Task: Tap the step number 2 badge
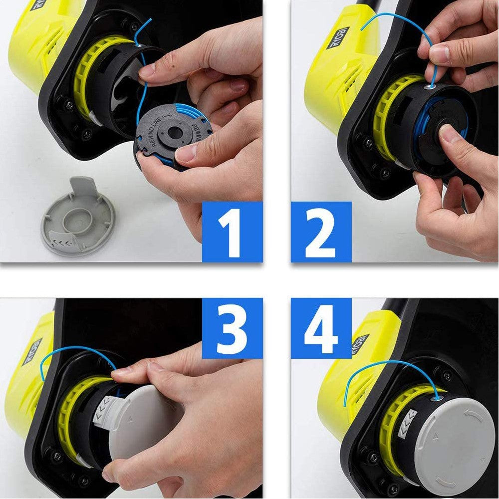[x=321, y=232]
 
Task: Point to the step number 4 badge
[x=321, y=328]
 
